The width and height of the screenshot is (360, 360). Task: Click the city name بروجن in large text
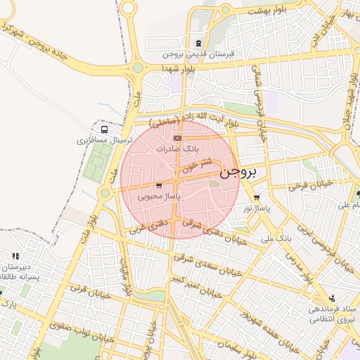coord(238,173)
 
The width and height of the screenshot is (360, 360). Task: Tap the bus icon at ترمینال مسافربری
coord(105,129)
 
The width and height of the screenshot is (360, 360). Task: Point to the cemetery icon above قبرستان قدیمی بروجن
coord(199,44)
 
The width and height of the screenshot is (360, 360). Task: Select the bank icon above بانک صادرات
coord(177,138)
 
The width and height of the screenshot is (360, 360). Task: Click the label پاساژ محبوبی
coord(161,197)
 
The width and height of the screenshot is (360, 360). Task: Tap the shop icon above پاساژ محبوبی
coord(159,186)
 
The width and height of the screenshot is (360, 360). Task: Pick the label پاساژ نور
coord(257,209)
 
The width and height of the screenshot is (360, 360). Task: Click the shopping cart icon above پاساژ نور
coord(257,198)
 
